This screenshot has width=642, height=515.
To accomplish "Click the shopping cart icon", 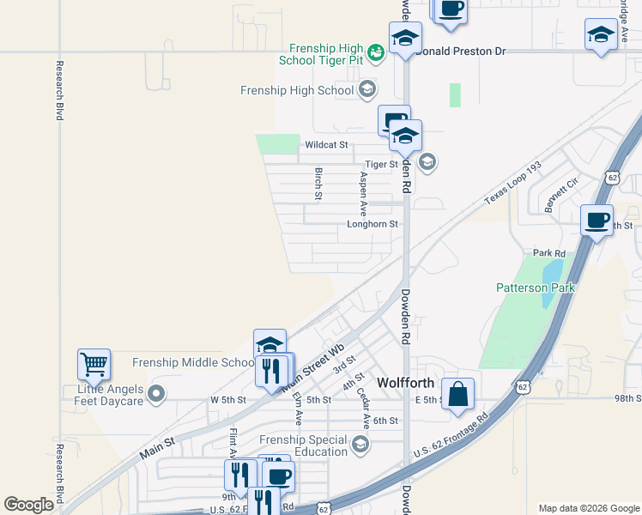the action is (x=94, y=363).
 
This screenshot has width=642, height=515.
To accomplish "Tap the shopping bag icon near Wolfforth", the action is (x=459, y=394).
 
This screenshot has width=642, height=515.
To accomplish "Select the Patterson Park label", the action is (x=535, y=288).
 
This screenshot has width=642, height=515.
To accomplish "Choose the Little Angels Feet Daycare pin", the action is (x=155, y=395).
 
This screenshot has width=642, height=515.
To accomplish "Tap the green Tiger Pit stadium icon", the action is (x=375, y=54).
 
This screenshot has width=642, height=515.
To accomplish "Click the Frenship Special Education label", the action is (x=305, y=445).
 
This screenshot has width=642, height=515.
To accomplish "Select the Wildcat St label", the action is (x=326, y=146).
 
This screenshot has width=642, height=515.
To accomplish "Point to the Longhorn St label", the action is (x=372, y=224).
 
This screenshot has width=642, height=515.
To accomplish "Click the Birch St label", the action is (x=318, y=184).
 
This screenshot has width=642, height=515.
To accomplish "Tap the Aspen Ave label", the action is (x=363, y=193).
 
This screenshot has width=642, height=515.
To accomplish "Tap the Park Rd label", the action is (x=549, y=253).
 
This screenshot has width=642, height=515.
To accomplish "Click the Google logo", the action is (x=29, y=505).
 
